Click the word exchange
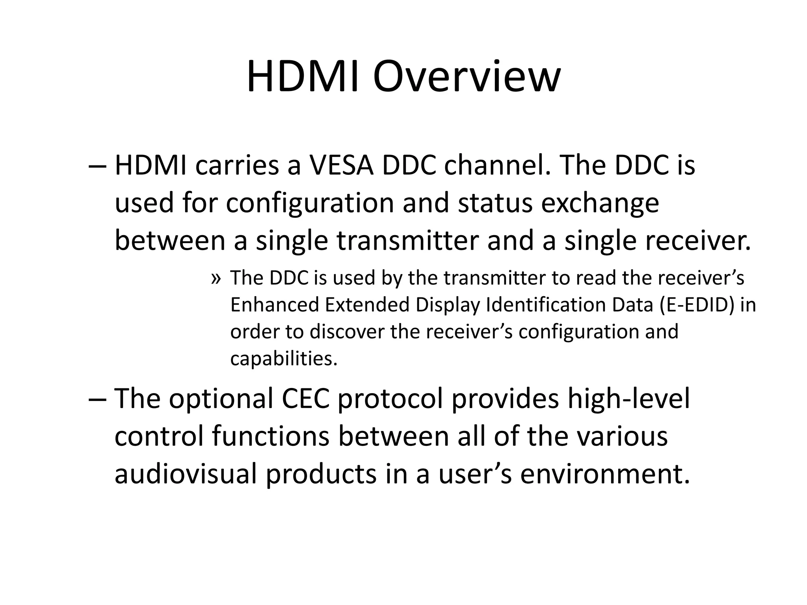600,203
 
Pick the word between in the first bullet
169,241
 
